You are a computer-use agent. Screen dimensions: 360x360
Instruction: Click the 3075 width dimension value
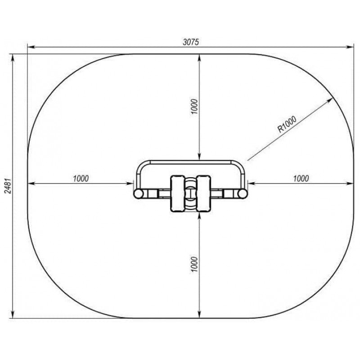click(191, 42)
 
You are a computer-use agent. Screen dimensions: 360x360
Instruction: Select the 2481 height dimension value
click(8, 186)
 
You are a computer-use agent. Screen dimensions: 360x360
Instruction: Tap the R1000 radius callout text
click(287, 124)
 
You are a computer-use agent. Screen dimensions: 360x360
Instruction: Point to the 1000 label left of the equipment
click(81, 178)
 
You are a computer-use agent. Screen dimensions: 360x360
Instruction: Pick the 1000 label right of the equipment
click(301, 178)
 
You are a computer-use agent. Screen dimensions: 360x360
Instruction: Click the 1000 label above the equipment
click(194, 107)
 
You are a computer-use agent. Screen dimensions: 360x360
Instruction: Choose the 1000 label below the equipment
click(194, 265)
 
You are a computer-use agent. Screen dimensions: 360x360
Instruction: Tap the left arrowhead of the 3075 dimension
click(31, 47)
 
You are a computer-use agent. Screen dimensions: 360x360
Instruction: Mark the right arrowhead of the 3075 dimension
click(350, 47)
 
